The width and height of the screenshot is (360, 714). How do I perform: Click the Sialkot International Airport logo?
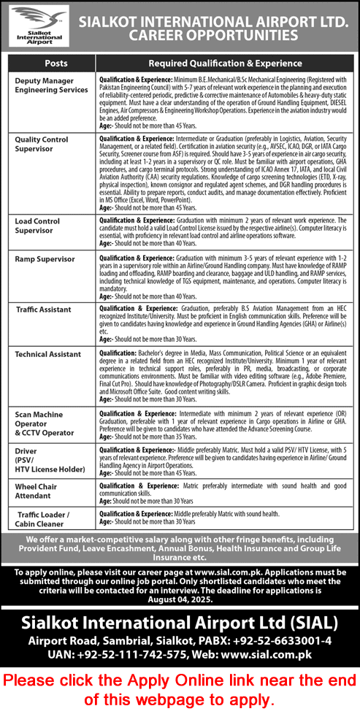click(36, 26)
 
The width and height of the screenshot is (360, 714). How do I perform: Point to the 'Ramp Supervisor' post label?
click(45, 258)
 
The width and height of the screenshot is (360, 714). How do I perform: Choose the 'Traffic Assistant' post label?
click(45, 310)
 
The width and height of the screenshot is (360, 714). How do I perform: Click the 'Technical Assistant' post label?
click(47, 353)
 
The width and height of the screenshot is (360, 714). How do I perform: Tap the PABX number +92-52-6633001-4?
click(287, 640)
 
